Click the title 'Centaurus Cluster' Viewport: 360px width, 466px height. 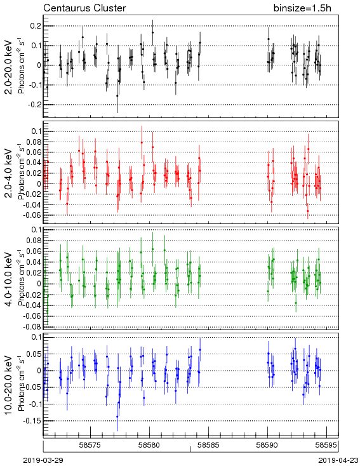[x=84, y=8]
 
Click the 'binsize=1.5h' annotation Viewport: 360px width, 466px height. [x=302, y=8]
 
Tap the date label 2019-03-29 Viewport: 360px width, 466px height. [x=43, y=460]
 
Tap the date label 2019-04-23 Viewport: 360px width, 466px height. [x=338, y=460]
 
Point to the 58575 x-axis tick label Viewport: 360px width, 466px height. [x=90, y=445]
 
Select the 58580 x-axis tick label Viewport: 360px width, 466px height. [x=149, y=445]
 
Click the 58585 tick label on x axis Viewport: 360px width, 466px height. [x=208, y=445]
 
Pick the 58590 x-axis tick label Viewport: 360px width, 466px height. [x=267, y=445]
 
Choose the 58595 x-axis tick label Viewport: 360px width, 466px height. [x=326, y=445]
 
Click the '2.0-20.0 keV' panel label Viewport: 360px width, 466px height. [x=10, y=67]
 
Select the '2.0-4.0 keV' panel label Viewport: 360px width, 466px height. [x=10, y=173]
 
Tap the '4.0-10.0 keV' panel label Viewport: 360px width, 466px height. [x=10, y=279]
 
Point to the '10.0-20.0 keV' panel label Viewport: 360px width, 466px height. [x=10, y=385]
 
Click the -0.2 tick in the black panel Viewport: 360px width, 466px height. [x=35, y=105]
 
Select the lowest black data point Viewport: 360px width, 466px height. [x=117, y=96]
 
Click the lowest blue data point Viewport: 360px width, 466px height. [x=117, y=416]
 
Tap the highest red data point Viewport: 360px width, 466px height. [x=142, y=142]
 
